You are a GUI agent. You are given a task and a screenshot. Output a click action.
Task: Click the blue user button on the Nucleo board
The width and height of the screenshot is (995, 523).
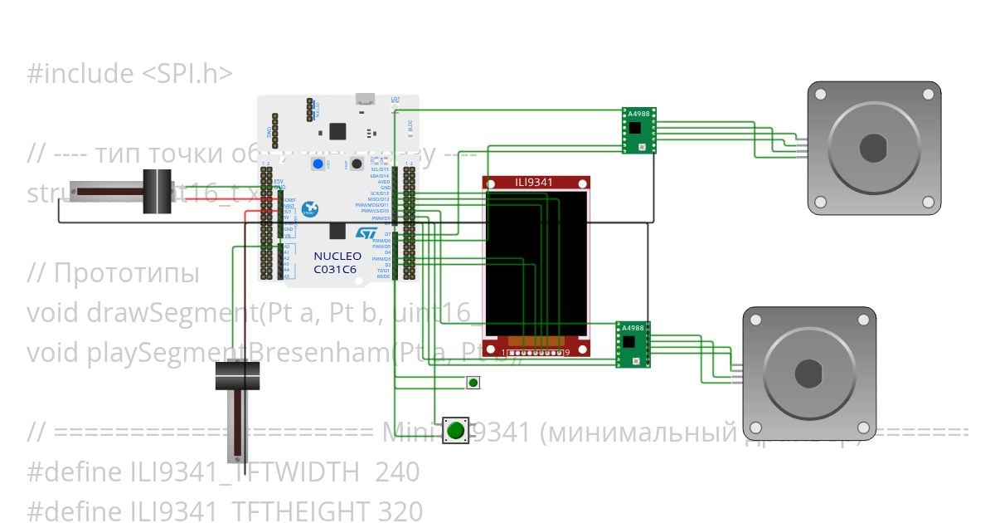tap(318, 164)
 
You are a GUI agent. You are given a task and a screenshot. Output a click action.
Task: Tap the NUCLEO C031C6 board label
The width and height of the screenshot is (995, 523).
tap(337, 263)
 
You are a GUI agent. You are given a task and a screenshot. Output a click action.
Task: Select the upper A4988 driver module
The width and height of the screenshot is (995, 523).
tap(639, 130)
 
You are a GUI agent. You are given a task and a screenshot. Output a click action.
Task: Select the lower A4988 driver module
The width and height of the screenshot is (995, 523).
tap(633, 344)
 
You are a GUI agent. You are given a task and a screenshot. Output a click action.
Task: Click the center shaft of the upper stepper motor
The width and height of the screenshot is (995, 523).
tap(874, 149)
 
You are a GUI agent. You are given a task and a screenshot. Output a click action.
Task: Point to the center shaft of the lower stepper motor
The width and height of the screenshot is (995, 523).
tap(808, 374)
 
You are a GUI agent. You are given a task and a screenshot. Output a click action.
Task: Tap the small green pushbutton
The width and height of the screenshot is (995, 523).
tap(473, 383)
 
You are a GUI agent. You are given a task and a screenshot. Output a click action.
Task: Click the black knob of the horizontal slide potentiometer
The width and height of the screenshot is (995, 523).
tap(157, 192)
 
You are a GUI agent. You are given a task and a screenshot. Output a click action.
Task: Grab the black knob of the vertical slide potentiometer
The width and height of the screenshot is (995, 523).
tap(237, 376)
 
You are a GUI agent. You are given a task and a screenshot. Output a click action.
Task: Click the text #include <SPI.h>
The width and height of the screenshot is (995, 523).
tap(129, 74)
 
